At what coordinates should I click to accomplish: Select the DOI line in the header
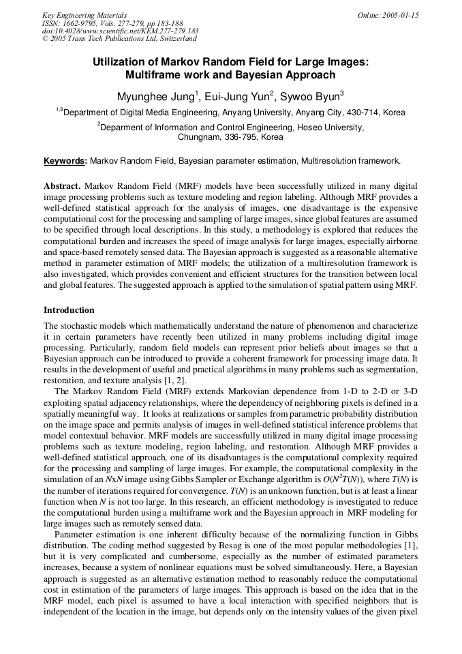(x=120, y=31)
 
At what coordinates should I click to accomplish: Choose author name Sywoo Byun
(x=311, y=96)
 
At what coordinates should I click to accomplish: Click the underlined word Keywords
(x=65, y=161)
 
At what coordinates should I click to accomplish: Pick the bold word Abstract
(x=63, y=185)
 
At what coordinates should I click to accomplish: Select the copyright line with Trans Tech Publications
(x=119, y=39)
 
